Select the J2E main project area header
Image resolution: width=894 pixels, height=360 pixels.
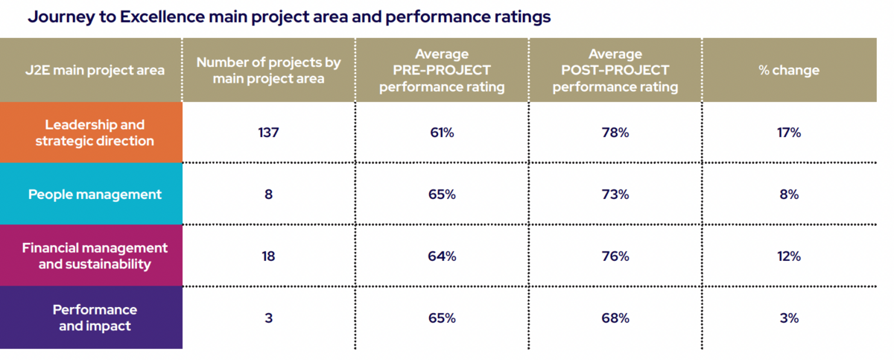[95, 71]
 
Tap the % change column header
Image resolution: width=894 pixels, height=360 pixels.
[789, 71]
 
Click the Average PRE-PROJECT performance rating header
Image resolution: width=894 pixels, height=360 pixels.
[442, 71]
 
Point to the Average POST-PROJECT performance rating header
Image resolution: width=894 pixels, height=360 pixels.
[615, 71]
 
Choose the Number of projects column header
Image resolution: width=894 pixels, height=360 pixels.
[268, 71]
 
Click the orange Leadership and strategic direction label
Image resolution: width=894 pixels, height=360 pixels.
[95, 133]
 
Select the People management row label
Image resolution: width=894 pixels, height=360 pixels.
[95, 195]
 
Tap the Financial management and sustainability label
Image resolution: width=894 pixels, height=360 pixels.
[95, 256]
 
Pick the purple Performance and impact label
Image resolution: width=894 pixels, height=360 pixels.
[95, 318]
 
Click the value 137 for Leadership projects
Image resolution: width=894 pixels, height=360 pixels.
[268, 133]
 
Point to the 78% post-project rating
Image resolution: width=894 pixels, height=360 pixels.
[615, 133]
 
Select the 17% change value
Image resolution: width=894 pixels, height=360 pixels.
[789, 133]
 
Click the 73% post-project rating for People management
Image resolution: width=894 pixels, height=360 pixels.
[615, 195]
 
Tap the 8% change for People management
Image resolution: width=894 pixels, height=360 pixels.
[789, 195]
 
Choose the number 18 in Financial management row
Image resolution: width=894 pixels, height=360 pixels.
[268, 256]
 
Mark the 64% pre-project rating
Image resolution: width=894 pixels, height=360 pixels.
[442, 256]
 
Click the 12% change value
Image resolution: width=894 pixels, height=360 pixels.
[789, 256]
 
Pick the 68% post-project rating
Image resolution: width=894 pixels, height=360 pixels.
[615, 318]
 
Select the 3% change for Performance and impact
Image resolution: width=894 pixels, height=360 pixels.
[789, 318]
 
